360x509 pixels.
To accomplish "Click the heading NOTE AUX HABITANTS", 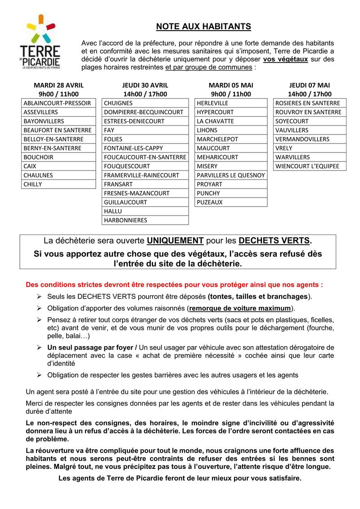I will click(x=203, y=27).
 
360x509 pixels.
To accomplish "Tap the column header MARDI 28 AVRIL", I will click(x=58, y=85).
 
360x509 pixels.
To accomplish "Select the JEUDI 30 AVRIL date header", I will click(x=145, y=85).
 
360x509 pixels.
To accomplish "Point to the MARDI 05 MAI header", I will click(x=231, y=85).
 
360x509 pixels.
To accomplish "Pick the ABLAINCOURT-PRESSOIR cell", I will click(x=58, y=103).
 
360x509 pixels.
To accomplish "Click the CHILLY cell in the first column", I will click(x=58, y=184).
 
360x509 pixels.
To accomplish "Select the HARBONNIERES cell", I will click(x=145, y=220).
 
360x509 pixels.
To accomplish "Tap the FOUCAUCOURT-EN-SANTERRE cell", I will click(x=145, y=157).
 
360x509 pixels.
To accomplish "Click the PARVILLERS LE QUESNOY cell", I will click(x=231, y=175).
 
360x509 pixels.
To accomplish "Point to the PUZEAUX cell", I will click(x=231, y=202).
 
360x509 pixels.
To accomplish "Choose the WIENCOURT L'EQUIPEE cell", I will click(x=309, y=166).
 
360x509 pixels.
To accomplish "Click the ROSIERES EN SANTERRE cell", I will click(x=309, y=103).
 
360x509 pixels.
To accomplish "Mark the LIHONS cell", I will click(x=231, y=130).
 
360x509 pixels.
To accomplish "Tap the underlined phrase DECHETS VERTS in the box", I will click(x=274, y=240).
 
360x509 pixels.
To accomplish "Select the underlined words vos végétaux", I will click(x=285, y=59).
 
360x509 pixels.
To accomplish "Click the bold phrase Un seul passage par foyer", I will click(x=85, y=347).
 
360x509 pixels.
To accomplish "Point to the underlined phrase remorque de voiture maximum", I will click(x=240, y=308).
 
